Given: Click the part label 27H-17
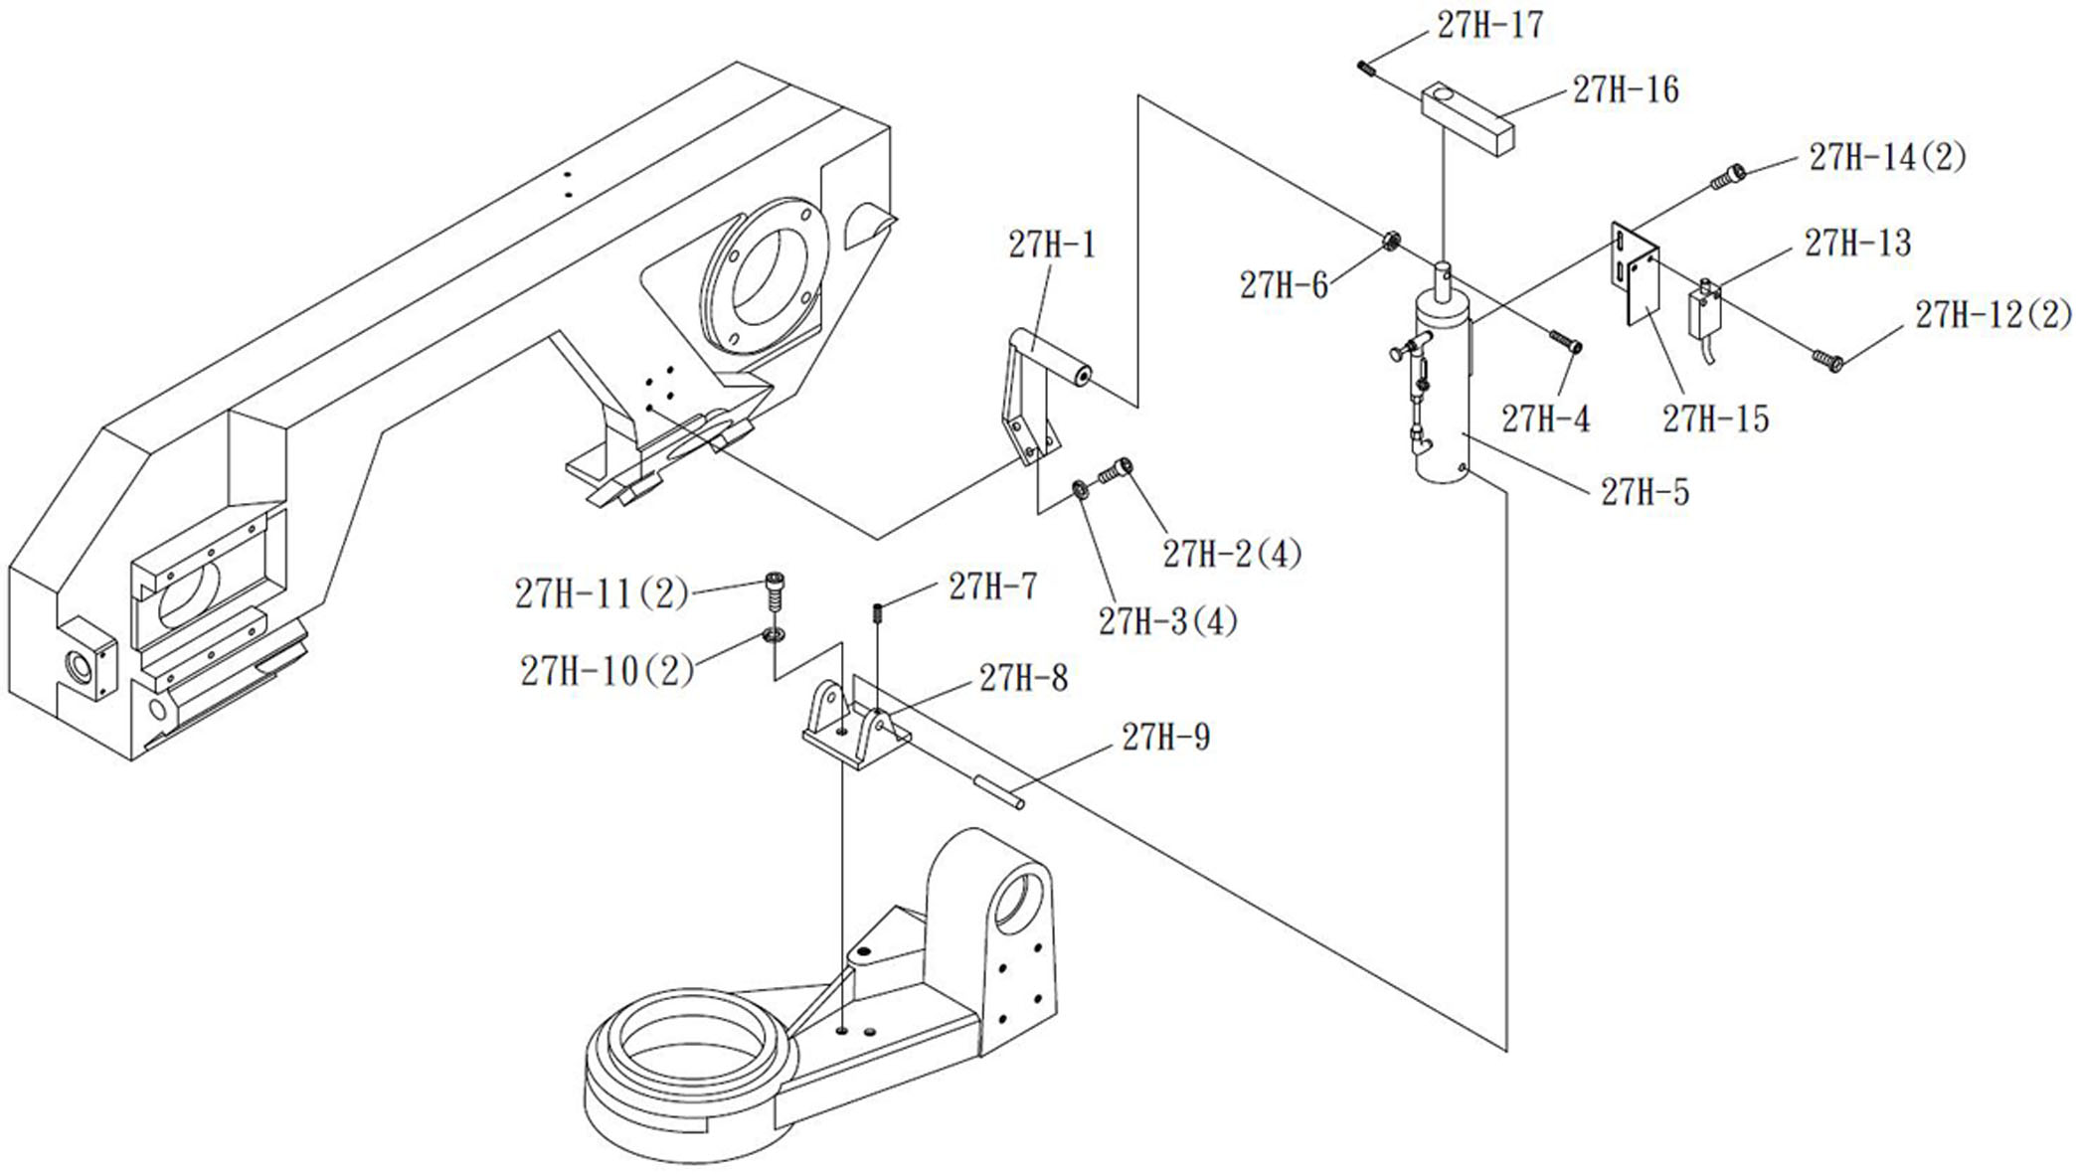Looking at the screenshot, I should click(x=1489, y=26).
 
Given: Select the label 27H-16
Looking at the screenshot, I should click(x=1625, y=90).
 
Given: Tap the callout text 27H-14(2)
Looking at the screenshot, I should click(x=1887, y=157).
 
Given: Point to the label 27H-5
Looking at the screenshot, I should click(x=1645, y=492).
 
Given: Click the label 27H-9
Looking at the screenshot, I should click(x=1165, y=738).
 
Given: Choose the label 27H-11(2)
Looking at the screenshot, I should click(x=602, y=594).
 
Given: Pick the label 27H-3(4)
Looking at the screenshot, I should click(x=1167, y=622).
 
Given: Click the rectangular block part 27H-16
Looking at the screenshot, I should click(x=1468, y=119).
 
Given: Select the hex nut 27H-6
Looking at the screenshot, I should click(x=1392, y=240).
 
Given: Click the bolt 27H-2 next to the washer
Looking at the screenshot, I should click(x=1115, y=469).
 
